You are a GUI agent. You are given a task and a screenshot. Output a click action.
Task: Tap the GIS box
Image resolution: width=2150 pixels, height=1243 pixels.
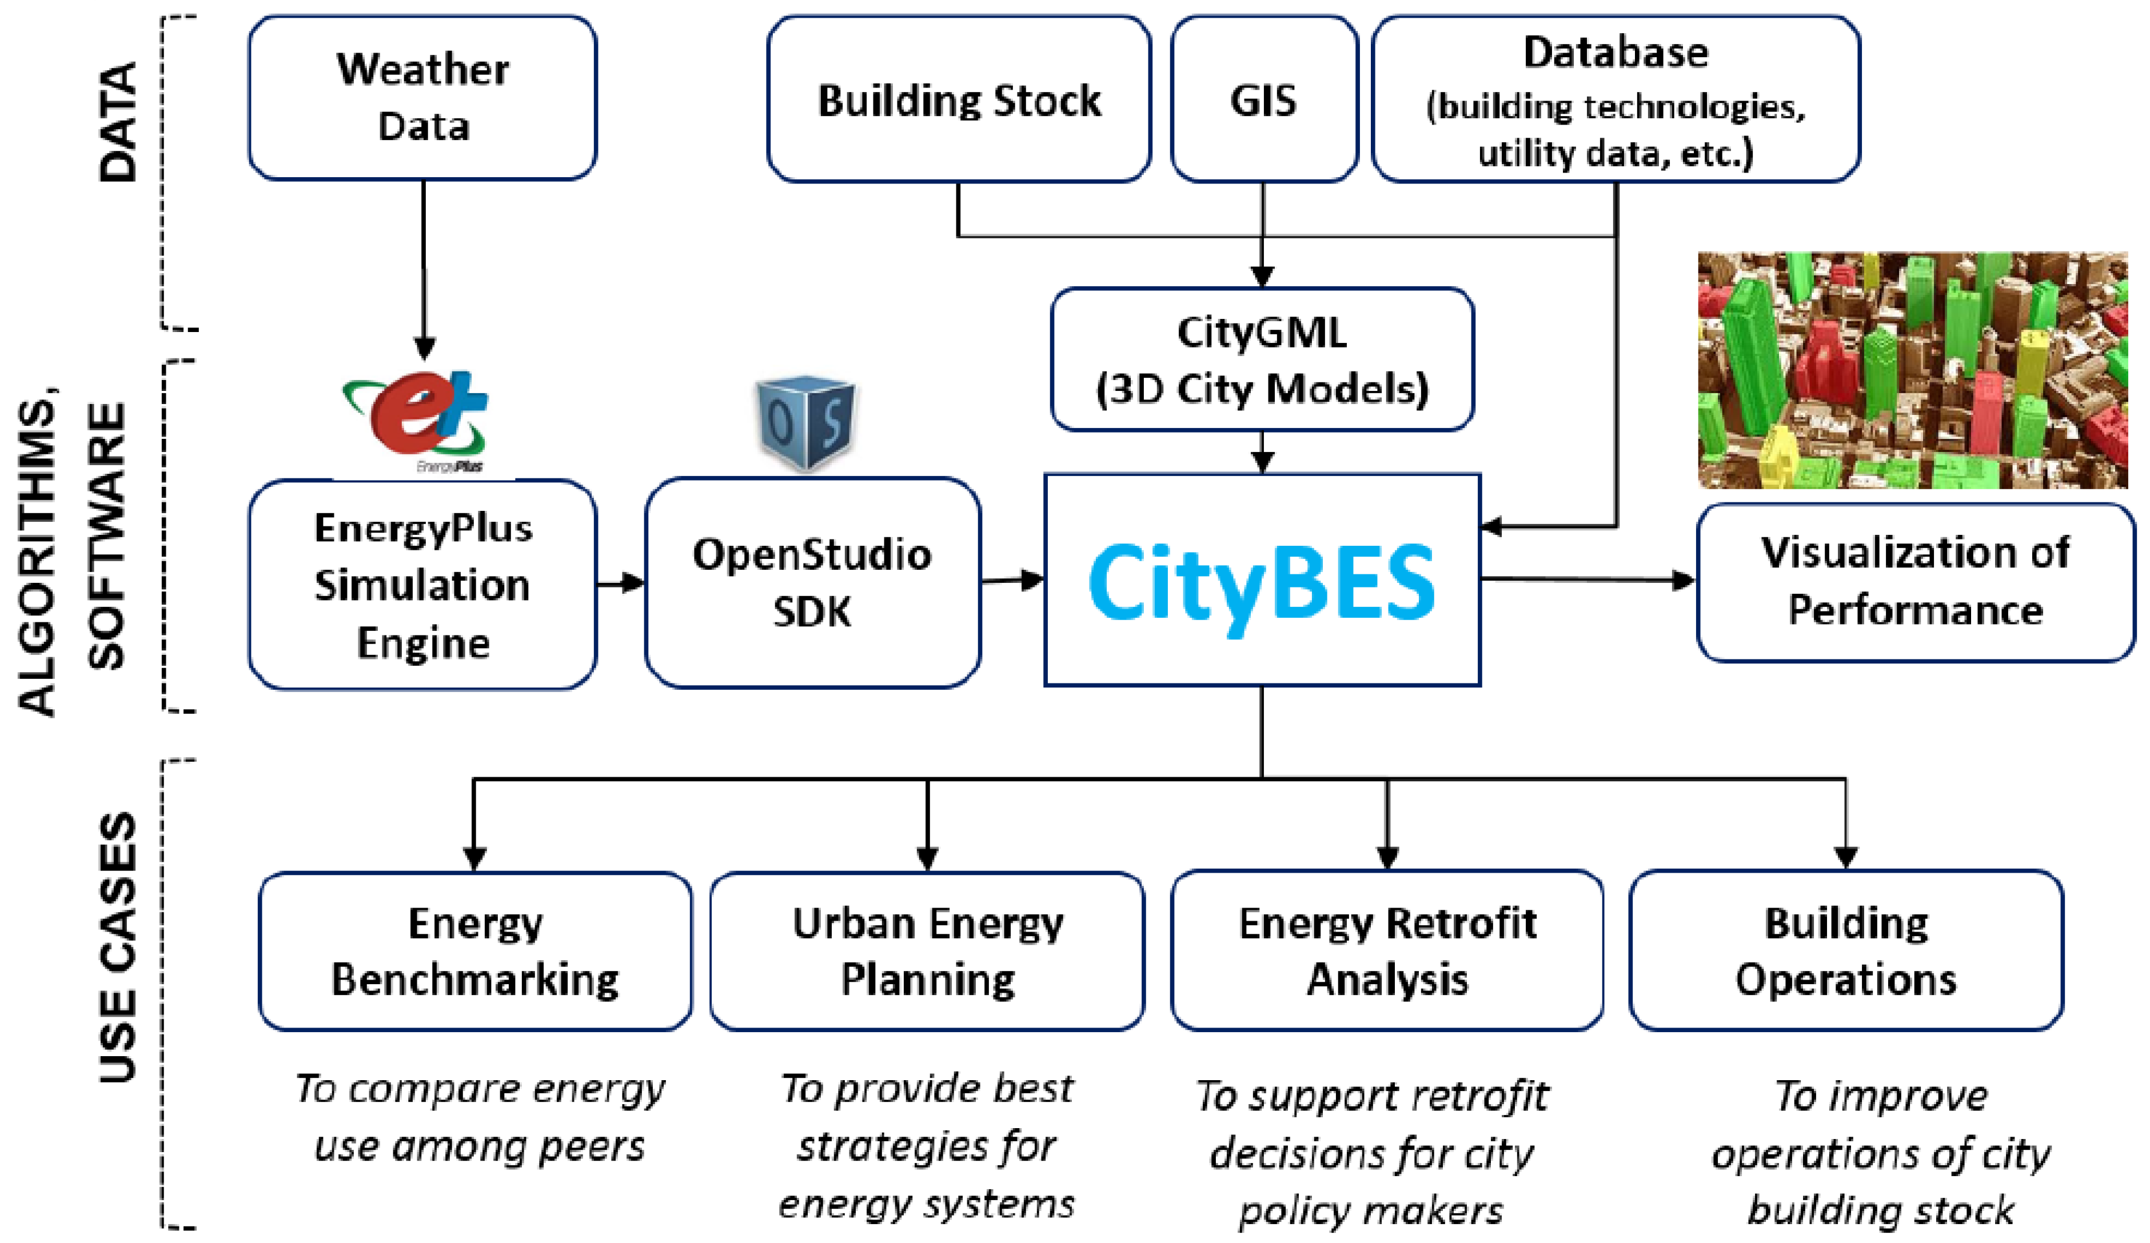[x=1263, y=100]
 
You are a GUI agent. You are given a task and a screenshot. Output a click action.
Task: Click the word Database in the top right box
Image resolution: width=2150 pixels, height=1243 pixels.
[x=1615, y=53]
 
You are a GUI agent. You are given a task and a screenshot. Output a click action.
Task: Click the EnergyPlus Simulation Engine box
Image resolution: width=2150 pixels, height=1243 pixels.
[x=422, y=585]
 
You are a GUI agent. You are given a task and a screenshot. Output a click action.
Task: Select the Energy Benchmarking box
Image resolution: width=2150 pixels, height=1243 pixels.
[x=474, y=950]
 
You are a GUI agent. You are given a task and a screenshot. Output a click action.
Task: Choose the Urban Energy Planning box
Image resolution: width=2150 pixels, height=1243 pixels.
[x=927, y=950]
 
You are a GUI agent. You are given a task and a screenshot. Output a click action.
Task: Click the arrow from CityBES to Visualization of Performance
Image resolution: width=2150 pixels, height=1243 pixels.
[x=1587, y=580]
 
